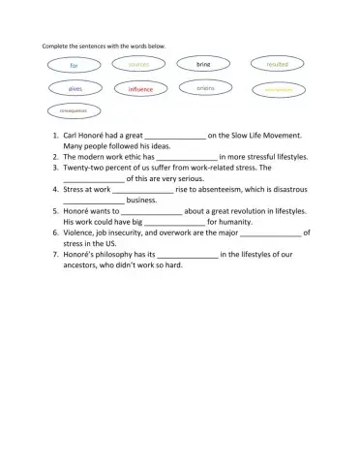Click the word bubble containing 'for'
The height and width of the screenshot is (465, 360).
[74, 65]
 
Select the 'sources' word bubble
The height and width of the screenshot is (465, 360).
[138, 64]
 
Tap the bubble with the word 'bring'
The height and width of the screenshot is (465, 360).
[203, 64]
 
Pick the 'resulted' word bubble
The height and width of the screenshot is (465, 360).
[277, 64]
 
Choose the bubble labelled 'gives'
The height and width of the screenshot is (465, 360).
[75, 88]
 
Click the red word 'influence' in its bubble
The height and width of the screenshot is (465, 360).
[140, 89]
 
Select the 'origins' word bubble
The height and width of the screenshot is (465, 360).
[205, 88]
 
